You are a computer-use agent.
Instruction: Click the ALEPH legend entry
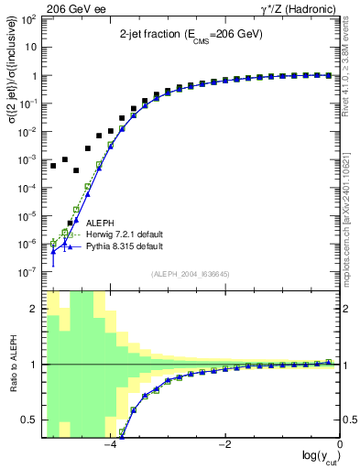(x=100, y=223)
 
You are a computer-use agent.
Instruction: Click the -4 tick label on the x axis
(x=110, y=446)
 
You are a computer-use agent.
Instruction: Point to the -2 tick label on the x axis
(x=225, y=446)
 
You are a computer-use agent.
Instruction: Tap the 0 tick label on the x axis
(x=340, y=446)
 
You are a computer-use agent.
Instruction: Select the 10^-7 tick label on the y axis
(x=30, y=273)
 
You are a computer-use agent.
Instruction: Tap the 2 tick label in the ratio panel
(x=35, y=309)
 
